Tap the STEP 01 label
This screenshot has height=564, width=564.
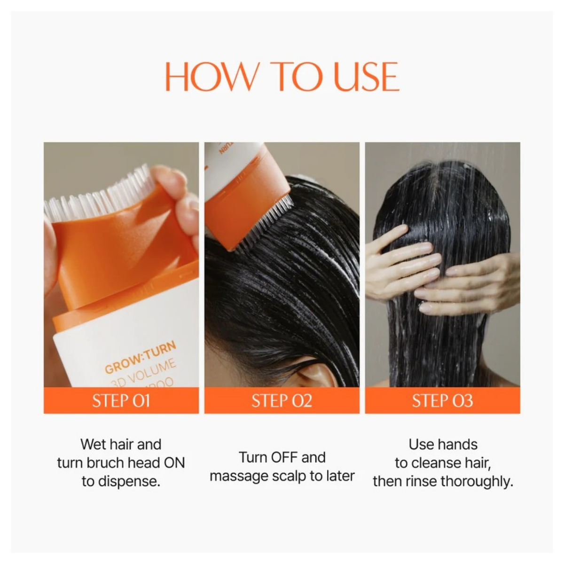coord(121,401)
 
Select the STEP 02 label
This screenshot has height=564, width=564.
coord(282,401)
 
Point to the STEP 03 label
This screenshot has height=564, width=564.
coord(442,401)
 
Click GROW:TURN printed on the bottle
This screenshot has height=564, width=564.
coord(141,357)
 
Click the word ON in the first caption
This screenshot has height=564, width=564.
coord(174,463)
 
